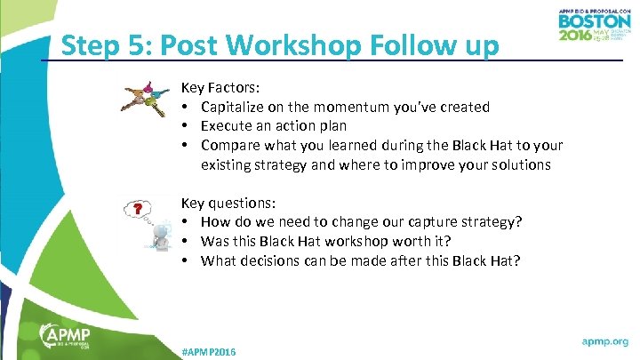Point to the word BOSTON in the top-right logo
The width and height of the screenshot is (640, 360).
(x=594, y=20)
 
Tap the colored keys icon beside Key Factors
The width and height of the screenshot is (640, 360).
(x=145, y=99)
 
